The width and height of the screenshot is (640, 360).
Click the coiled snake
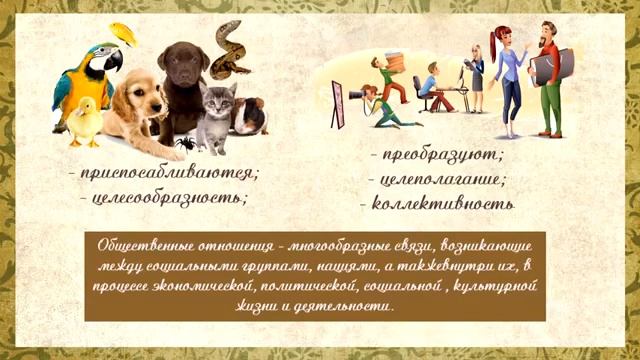coord(229,49)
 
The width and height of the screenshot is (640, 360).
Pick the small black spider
coord(186,145)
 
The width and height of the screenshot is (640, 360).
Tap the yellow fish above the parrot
coord(123,33)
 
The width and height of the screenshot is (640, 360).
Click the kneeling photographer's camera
coord(356,96)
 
